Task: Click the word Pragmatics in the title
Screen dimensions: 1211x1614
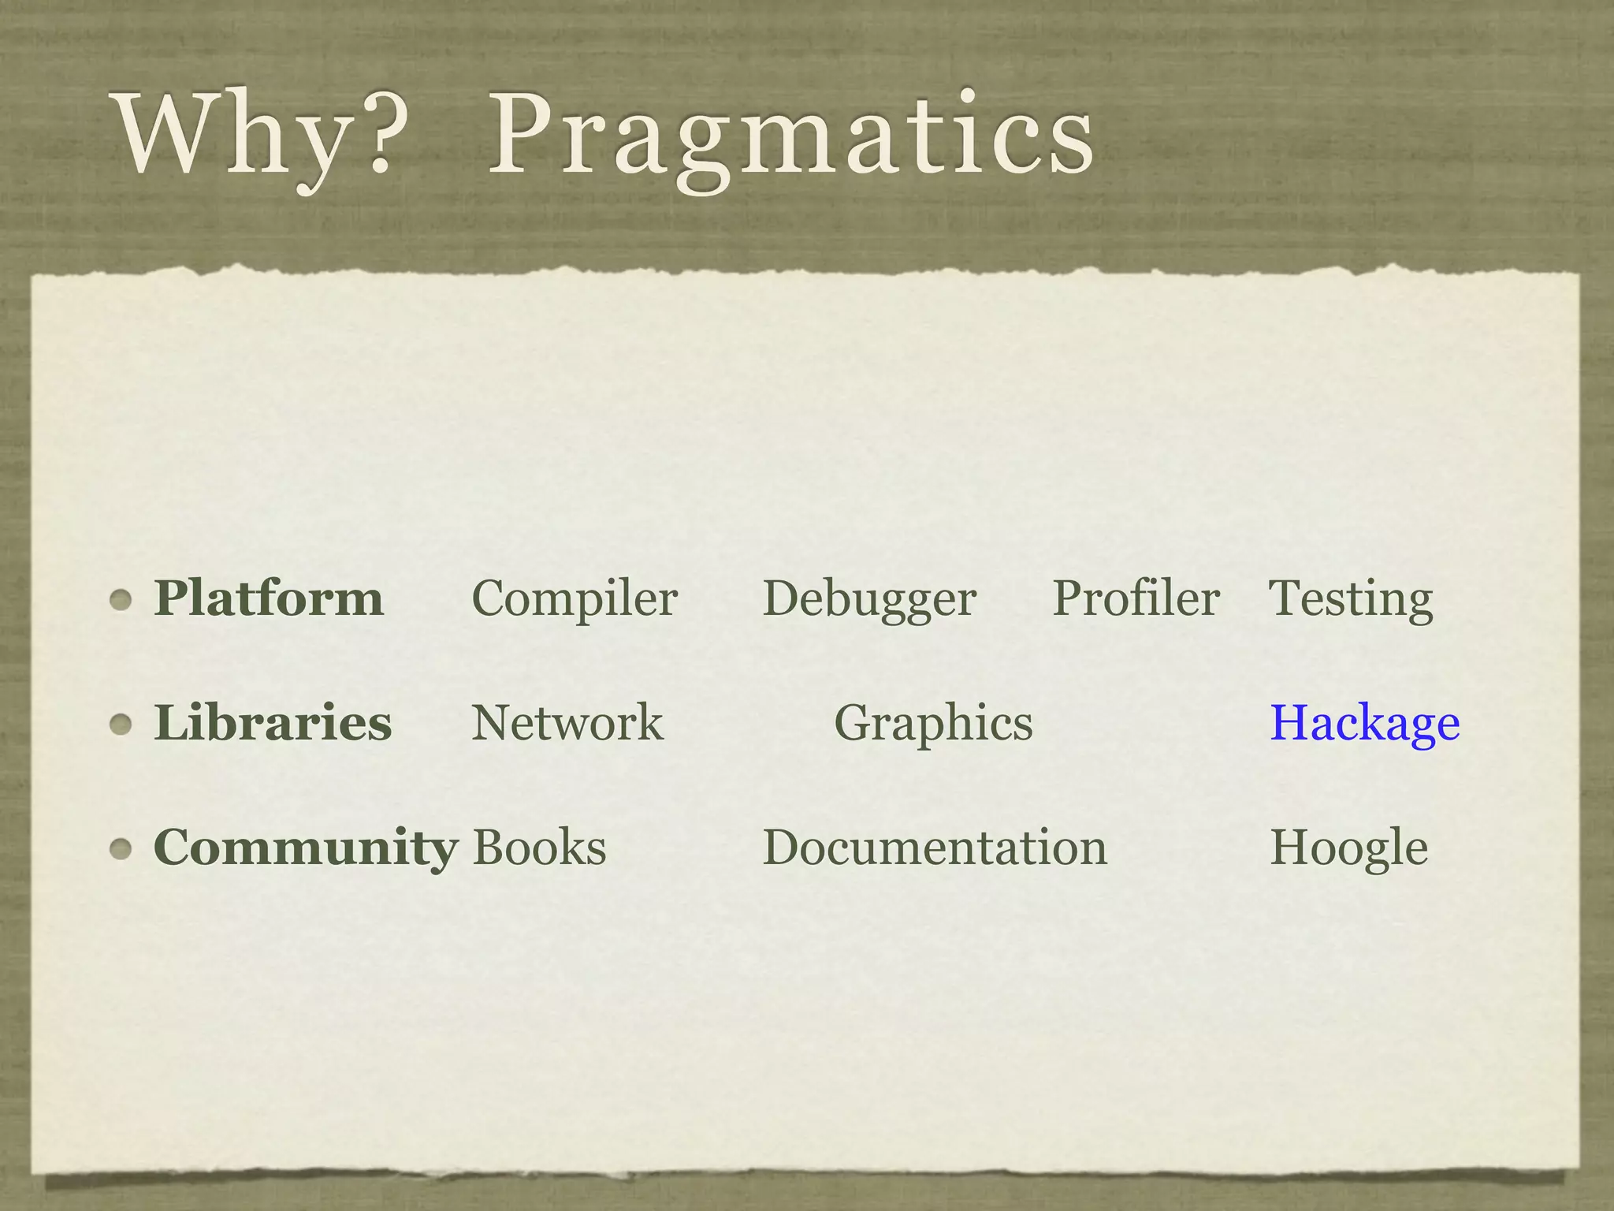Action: pyautogui.click(x=791, y=134)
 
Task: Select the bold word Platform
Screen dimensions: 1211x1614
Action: pyautogui.click(x=269, y=598)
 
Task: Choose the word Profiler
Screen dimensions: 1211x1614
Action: pyautogui.click(x=1136, y=598)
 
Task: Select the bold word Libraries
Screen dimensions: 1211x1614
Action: pyautogui.click(x=273, y=723)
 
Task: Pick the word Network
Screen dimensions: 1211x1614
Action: pyautogui.click(x=567, y=723)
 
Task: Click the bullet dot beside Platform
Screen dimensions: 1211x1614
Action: pyautogui.click(x=121, y=600)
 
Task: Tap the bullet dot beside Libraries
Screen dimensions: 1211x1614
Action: pyautogui.click(x=121, y=725)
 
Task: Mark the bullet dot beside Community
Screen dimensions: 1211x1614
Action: pyautogui.click(x=121, y=849)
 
